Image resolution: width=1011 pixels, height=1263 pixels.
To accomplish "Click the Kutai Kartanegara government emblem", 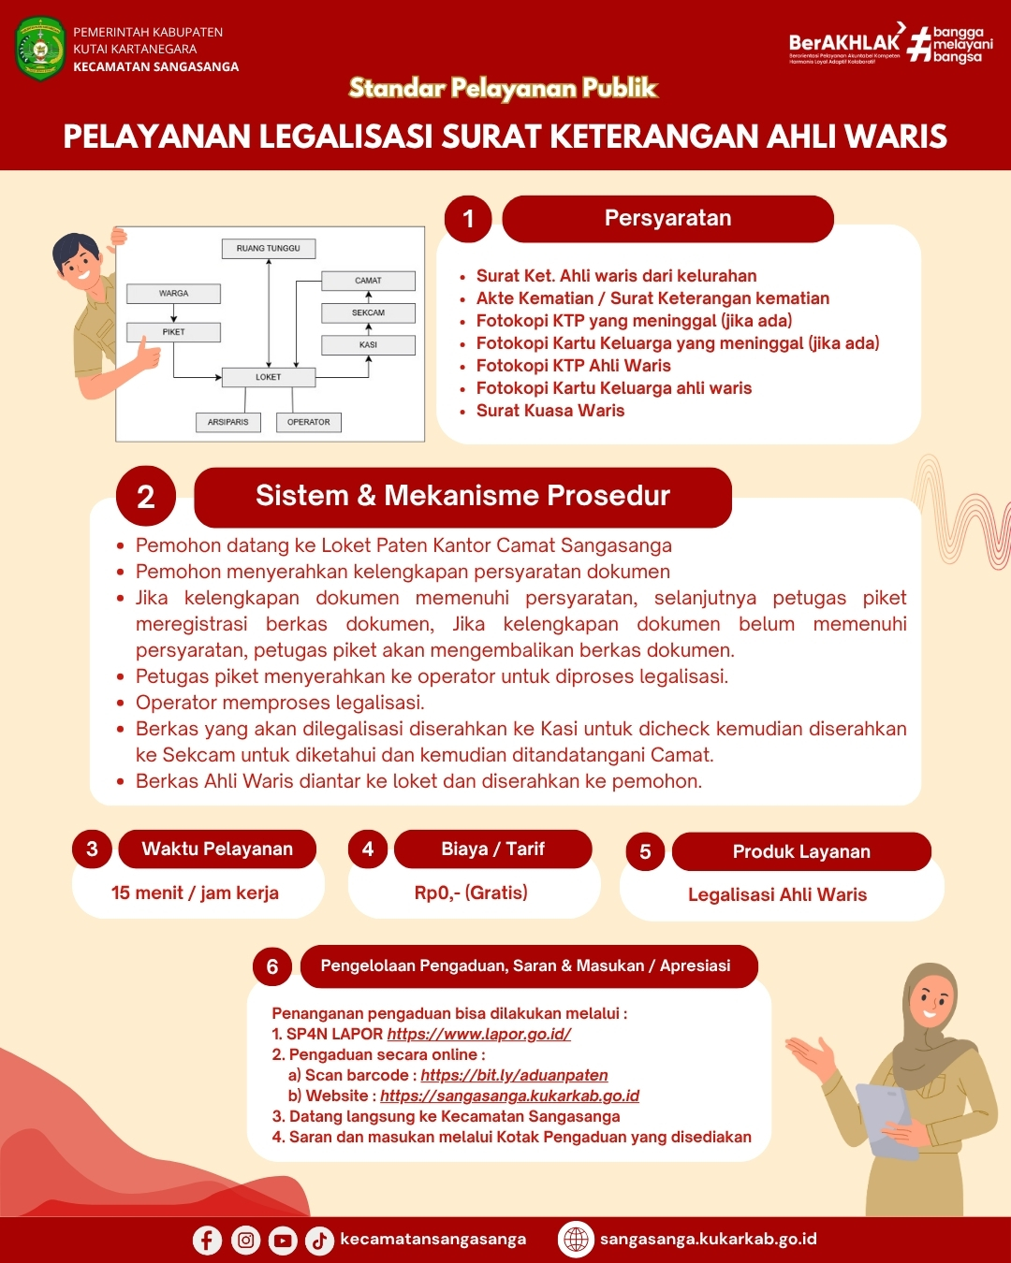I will (x=40, y=49).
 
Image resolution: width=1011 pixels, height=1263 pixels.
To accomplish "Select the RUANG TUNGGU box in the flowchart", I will (x=269, y=248).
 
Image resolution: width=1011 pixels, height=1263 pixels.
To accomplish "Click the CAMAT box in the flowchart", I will (x=368, y=281).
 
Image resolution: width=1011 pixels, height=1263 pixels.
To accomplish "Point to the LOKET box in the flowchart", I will (x=269, y=377).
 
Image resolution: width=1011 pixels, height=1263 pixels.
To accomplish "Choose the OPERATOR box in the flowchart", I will (x=308, y=422).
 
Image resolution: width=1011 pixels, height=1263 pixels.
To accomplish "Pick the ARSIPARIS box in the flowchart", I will (x=228, y=422).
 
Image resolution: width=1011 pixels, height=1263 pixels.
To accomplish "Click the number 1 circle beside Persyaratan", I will (x=468, y=219).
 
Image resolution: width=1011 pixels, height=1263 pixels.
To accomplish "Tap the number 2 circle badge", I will (x=146, y=496).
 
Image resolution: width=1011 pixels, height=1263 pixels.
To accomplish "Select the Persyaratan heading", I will (x=667, y=219).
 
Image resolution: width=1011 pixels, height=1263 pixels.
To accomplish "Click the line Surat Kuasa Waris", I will (x=549, y=411).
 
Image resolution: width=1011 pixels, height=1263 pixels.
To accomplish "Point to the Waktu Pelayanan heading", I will (x=217, y=849).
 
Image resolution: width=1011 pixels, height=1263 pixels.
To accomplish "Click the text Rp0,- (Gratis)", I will (x=471, y=893).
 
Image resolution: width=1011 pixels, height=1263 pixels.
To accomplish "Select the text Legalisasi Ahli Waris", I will (x=777, y=894).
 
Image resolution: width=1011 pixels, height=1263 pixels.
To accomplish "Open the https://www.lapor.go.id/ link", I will (x=478, y=1034).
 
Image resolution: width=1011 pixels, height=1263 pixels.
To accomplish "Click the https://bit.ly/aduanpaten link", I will (x=514, y=1075).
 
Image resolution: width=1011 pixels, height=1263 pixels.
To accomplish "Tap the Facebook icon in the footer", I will (x=207, y=1240).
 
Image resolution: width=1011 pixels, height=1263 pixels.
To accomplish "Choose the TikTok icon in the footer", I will (x=319, y=1241).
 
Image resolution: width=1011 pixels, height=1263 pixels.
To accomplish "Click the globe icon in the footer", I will (x=576, y=1240).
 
